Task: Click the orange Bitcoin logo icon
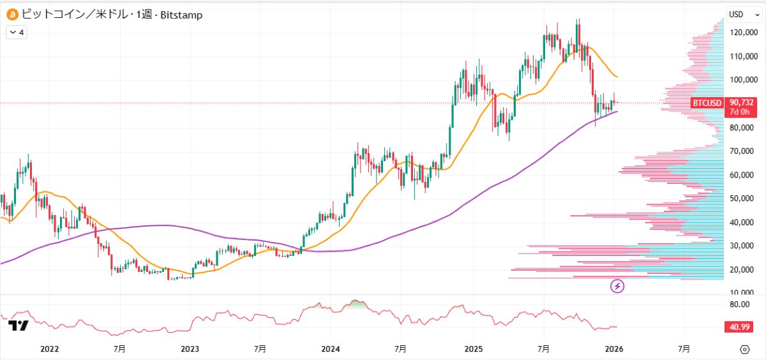pyautogui.click(x=11, y=14)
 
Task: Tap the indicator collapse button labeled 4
pyautogui.click(x=17, y=32)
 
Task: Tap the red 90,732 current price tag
pyautogui.click(x=744, y=102)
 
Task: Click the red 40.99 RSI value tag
pyautogui.click(x=741, y=327)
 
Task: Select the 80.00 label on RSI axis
pyautogui.click(x=740, y=304)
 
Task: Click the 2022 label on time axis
pyautogui.click(x=49, y=349)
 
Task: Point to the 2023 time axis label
pyautogui.click(x=190, y=349)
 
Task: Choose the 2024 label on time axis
pyautogui.click(x=331, y=349)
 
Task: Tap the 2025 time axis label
pyautogui.click(x=473, y=349)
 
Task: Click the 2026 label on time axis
pyautogui.click(x=613, y=349)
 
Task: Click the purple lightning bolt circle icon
pyautogui.click(x=617, y=286)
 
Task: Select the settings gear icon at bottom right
pyautogui.click(x=744, y=349)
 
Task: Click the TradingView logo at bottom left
pyautogui.click(x=19, y=326)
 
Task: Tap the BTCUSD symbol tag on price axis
pyautogui.click(x=707, y=103)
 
